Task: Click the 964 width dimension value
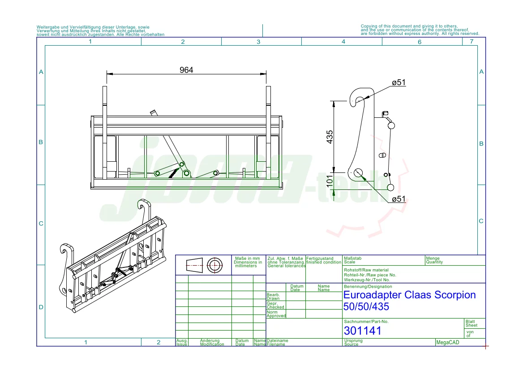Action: pos(186,70)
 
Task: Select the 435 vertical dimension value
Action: pos(330,137)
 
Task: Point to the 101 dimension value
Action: pos(330,182)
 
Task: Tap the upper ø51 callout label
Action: pos(399,82)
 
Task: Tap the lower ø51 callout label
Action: pos(399,199)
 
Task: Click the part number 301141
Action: pos(363,331)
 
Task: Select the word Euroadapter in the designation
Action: pos(372,295)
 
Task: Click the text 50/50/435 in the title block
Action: pos(366,306)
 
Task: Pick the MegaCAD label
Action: pos(448,342)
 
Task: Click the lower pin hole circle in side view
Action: pos(358,172)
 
